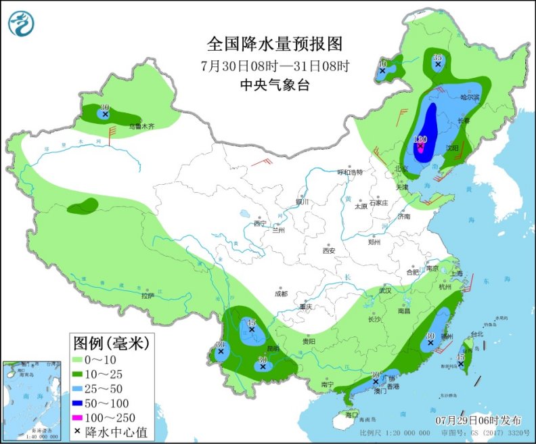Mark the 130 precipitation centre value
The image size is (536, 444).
tap(419, 139)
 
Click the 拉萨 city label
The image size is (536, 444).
tap(148, 295)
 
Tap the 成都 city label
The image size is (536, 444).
tap(281, 294)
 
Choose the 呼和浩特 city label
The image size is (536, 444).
tap(351, 172)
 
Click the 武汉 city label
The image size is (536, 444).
tap(386, 290)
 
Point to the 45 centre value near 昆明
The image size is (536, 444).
tap(251, 323)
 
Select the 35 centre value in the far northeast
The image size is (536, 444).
tap(437, 58)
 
